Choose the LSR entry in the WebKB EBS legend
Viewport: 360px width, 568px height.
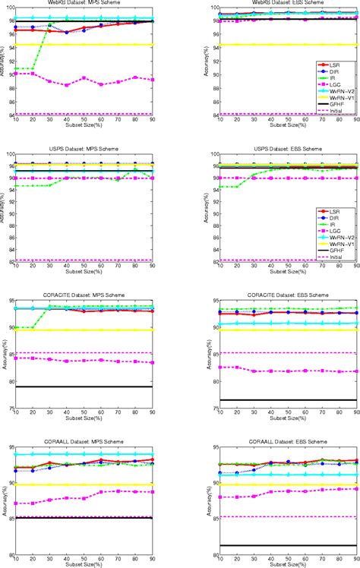338,67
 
